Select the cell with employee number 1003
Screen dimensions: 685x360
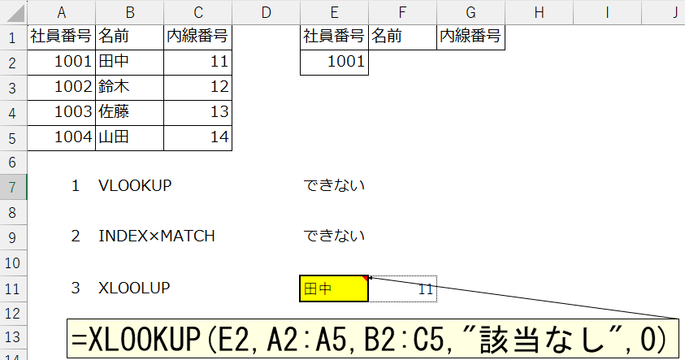(x=61, y=113)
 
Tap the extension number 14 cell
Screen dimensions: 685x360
(x=197, y=138)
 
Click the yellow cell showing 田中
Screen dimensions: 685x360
(x=334, y=288)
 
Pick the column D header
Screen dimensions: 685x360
(x=266, y=12)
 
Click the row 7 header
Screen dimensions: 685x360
(x=13, y=187)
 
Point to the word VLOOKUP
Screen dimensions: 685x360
(x=135, y=185)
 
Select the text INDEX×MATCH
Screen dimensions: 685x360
(x=157, y=236)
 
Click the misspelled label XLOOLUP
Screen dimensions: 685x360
(x=134, y=288)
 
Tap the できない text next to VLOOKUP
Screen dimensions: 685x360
(x=334, y=185)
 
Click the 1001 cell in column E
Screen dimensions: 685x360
(x=334, y=63)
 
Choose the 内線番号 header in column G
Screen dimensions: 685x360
(x=470, y=37)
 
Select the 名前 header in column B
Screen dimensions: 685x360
(x=129, y=37)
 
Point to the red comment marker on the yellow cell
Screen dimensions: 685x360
(x=365, y=278)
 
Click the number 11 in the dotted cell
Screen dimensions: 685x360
(x=426, y=289)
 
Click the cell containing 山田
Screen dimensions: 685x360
(x=129, y=138)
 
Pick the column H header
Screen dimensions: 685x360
(x=539, y=12)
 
